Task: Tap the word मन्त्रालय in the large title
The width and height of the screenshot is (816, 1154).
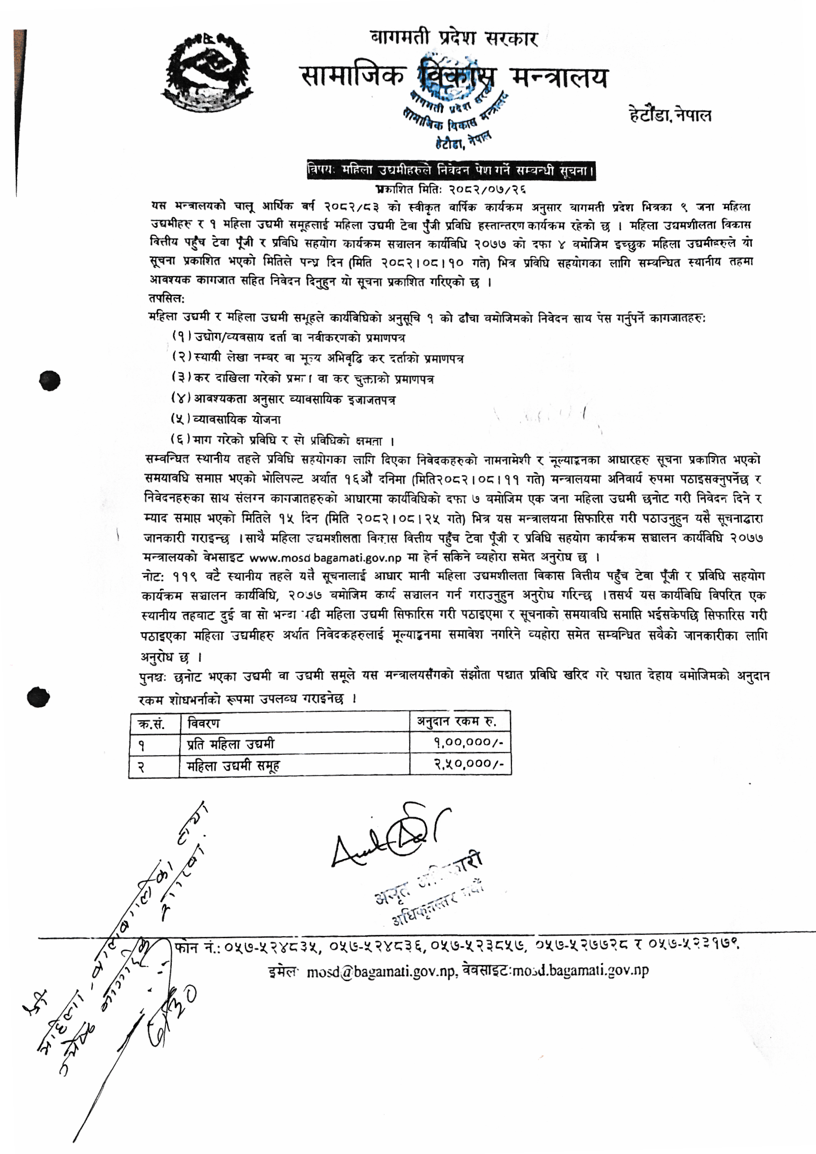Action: pos(559,78)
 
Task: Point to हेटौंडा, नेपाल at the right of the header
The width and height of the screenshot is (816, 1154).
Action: pos(670,115)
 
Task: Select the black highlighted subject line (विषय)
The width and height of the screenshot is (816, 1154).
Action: pos(451,170)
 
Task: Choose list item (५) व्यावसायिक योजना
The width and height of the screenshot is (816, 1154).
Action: pos(226,419)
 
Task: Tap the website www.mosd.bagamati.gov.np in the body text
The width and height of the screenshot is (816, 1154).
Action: pos(325,557)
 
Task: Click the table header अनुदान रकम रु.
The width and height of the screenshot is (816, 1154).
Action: pos(457,722)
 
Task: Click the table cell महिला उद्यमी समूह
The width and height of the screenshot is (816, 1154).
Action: pos(233,766)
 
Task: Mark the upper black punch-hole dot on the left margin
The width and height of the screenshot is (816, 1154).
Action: pos(50,381)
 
